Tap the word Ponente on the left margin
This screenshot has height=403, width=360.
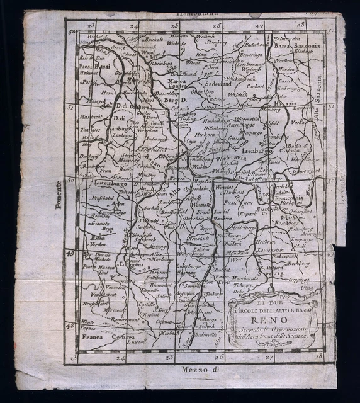[x=58, y=198]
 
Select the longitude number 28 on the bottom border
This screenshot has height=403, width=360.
[x=318, y=356]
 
